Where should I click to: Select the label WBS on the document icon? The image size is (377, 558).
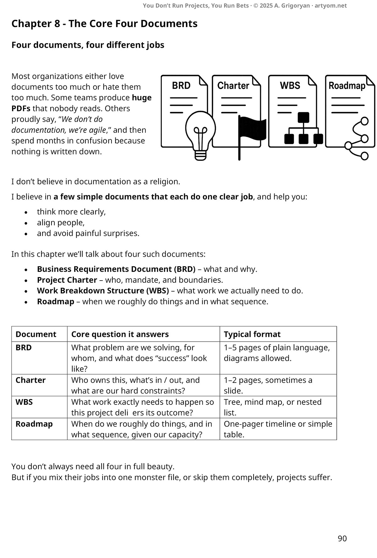tap(290, 86)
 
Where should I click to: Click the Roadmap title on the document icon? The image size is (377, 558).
tap(347, 86)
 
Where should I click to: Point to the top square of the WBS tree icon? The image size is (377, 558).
tap(303, 117)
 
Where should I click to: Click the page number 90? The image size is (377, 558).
tap(342, 538)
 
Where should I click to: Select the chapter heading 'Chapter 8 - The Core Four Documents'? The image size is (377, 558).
tap(104, 24)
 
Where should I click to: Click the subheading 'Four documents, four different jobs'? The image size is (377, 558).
tap(88, 45)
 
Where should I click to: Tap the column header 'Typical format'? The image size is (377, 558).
tap(252, 334)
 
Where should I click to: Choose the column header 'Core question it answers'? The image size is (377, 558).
tap(120, 334)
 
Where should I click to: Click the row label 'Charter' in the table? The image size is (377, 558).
tap(30, 380)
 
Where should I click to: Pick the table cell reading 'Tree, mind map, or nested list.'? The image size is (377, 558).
tap(272, 407)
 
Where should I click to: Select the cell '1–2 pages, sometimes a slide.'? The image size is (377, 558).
tap(268, 385)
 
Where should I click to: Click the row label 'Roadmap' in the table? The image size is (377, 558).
tap(34, 424)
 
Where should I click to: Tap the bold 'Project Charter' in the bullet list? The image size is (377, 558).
tap(67, 280)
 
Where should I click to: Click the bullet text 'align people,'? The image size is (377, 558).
tap(61, 223)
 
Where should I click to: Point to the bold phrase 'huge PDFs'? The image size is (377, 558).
tap(141, 98)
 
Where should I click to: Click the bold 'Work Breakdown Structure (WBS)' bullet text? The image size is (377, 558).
tap(103, 291)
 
